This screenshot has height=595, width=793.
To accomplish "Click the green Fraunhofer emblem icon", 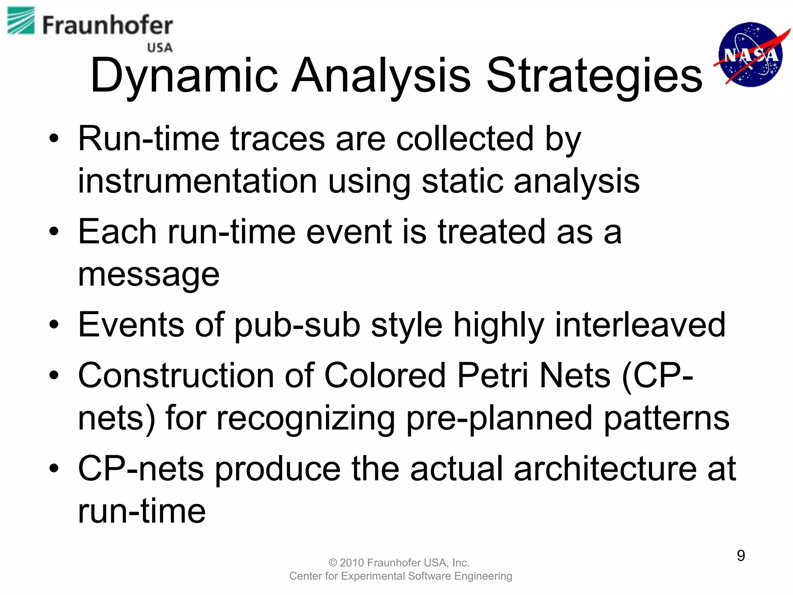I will (x=21, y=21).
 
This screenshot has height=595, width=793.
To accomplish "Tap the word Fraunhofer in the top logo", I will (x=107, y=26).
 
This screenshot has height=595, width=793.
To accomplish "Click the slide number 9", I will (x=741, y=555).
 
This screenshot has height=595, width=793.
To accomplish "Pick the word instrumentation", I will (x=197, y=181).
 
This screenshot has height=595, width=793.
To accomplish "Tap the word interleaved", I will (x=640, y=325).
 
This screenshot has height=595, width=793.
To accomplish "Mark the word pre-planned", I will (x=499, y=418).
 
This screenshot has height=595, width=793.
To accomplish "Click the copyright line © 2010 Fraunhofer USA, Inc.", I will (x=399, y=562).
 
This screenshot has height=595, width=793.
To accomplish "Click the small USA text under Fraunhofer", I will (x=160, y=48).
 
